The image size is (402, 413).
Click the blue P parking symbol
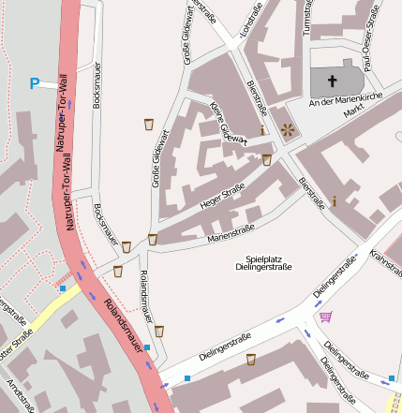click(x=35, y=84)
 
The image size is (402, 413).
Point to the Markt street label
click(x=351, y=111)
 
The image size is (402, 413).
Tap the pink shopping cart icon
click(x=325, y=317)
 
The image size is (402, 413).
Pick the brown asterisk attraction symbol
click(x=285, y=130)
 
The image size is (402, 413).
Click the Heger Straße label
click(x=222, y=196)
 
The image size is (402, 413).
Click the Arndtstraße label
click(x=17, y=394)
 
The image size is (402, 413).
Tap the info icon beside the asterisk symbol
click(x=262, y=130)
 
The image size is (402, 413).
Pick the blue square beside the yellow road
click(x=63, y=288)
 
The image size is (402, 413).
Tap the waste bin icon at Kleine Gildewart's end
click(x=266, y=160)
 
